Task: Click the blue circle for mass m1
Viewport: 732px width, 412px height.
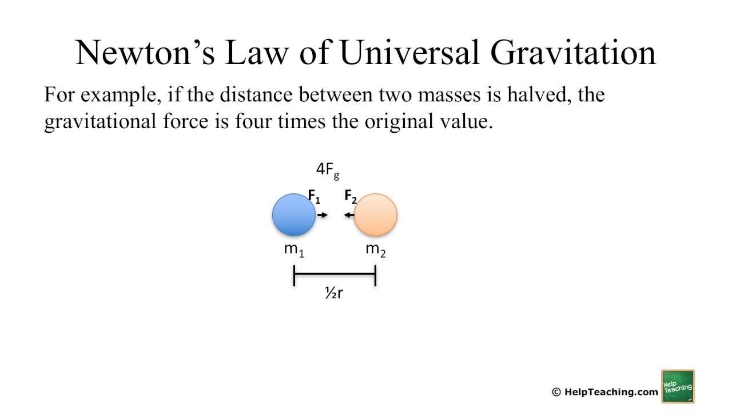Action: [293, 215]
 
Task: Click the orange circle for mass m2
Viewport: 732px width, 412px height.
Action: [376, 215]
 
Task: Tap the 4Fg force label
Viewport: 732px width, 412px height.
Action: [328, 170]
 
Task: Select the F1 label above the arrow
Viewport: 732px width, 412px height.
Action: [314, 197]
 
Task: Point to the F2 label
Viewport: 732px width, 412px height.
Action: [351, 197]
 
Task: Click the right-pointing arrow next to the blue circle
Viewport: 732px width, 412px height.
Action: [323, 215]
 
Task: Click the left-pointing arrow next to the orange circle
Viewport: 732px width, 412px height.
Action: [348, 215]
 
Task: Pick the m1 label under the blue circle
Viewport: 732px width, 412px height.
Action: [294, 249]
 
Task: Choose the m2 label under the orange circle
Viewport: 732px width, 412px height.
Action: [376, 249]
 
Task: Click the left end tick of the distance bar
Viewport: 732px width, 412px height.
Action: [294, 275]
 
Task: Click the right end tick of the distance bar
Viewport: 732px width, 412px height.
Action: [375, 275]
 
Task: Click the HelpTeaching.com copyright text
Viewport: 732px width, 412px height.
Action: [605, 392]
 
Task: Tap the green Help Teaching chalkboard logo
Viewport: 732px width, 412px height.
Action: [678, 386]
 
